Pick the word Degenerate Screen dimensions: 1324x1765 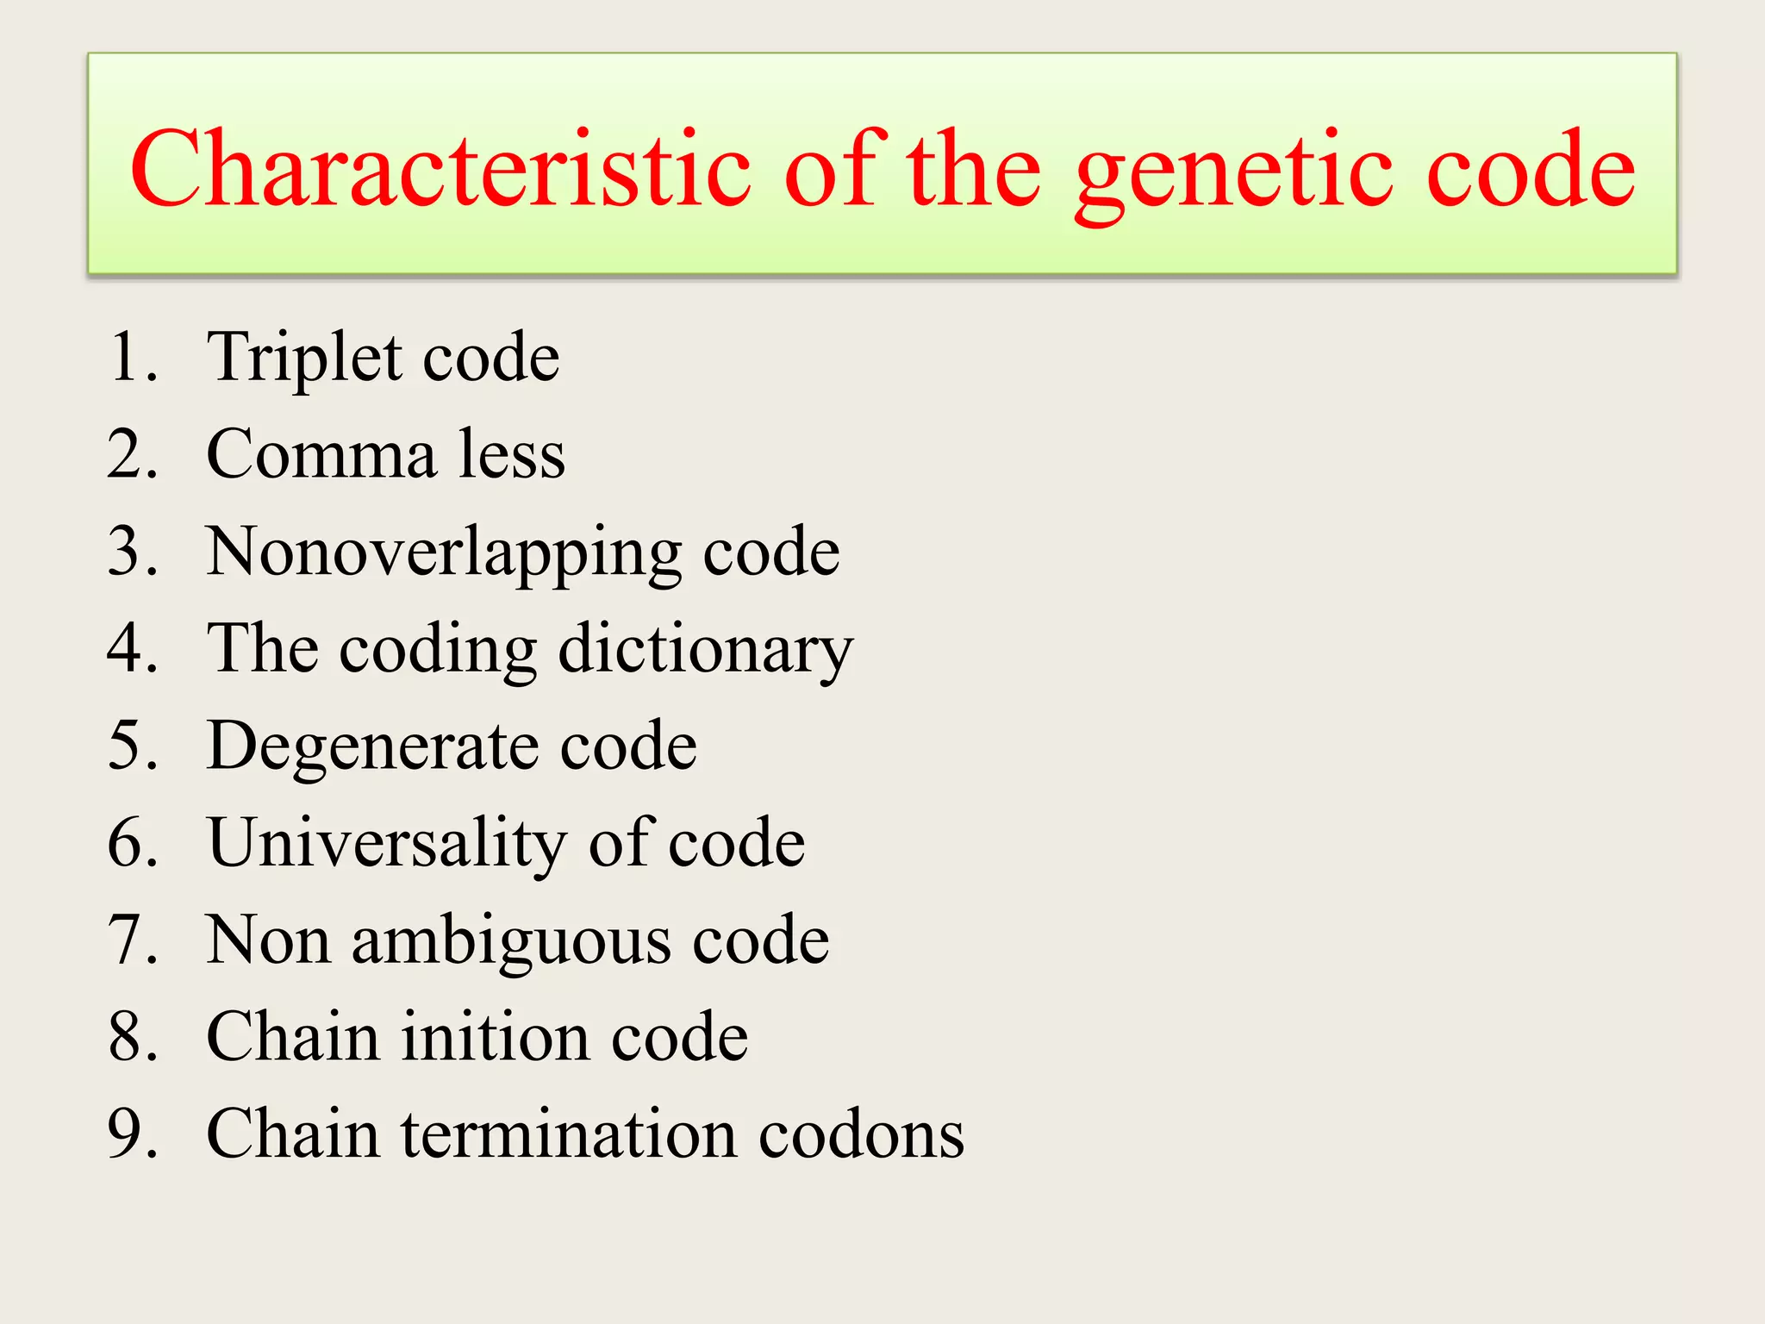[x=371, y=746]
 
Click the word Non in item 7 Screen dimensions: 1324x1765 [x=268, y=940]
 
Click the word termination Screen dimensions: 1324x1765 [x=569, y=1134]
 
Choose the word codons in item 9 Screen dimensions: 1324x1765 [x=861, y=1134]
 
